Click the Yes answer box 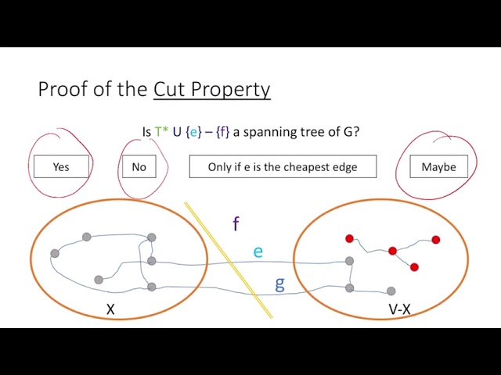tap(61, 166)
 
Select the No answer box tap(139, 166)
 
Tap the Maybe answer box tap(438, 166)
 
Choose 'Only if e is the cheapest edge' tap(283, 166)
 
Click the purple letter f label tap(236, 224)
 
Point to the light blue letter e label tap(258, 252)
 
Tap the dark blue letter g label tap(279, 283)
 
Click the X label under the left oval tap(110, 310)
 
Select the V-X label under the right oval tap(399, 310)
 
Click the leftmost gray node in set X tap(55, 253)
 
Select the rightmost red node tap(436, 240)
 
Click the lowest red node tap(414, 267)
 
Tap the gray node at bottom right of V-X tap(391, 291)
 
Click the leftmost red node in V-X tap(350, 238)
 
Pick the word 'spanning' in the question tap(267, 132)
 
